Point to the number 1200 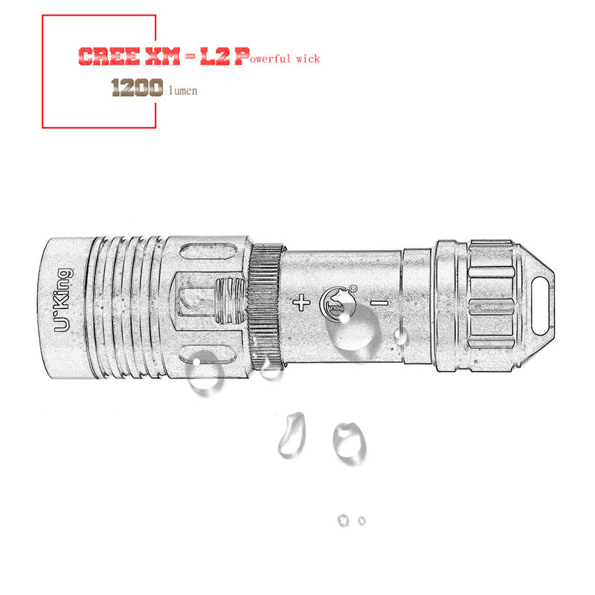click(137, 89)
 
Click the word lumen click(184, 91)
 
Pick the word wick click(306, 58)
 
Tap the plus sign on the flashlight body click(301, 303)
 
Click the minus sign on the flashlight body click(379, 303)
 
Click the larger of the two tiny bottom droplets click(343, 519)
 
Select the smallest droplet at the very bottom click(361, 520)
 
